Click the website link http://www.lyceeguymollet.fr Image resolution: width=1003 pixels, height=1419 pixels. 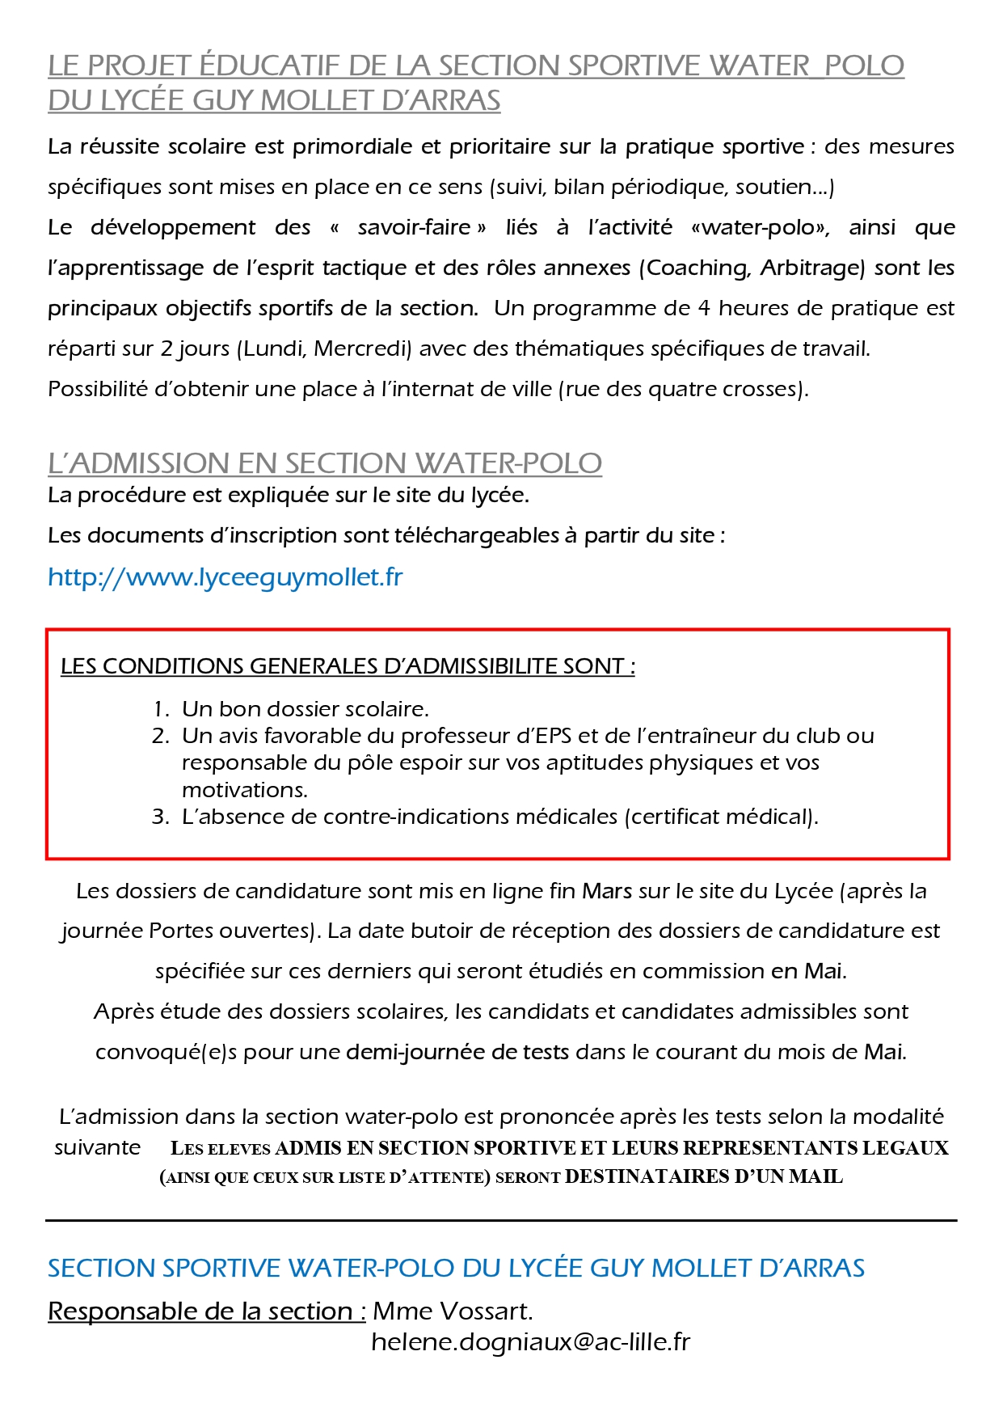click(225, 577)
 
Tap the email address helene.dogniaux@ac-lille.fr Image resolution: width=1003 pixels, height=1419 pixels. click(530, 1341)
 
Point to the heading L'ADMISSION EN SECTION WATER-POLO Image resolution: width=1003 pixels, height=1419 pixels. click(325, 463)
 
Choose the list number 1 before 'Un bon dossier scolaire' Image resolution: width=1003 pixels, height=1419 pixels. click(159, 709)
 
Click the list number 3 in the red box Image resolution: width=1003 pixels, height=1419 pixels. click(159, 817)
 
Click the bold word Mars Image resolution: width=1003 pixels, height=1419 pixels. click(607, 891)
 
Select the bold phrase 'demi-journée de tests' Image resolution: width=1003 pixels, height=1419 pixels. click(457, 1052)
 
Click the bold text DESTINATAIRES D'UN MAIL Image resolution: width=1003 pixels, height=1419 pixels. click(703, 1176)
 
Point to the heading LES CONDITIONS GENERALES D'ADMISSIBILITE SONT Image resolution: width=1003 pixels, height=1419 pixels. click(348, 666)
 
